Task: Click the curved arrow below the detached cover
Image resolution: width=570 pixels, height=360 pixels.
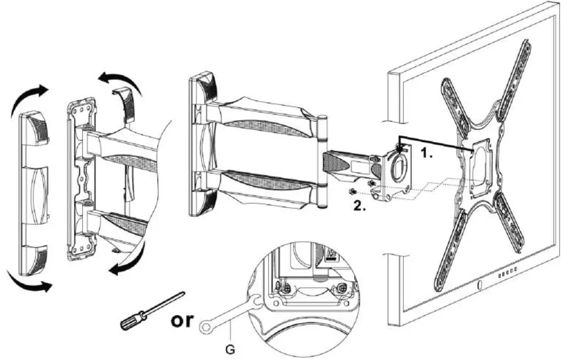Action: click(30, 281)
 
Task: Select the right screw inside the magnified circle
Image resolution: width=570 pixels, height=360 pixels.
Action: click(342, 288)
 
